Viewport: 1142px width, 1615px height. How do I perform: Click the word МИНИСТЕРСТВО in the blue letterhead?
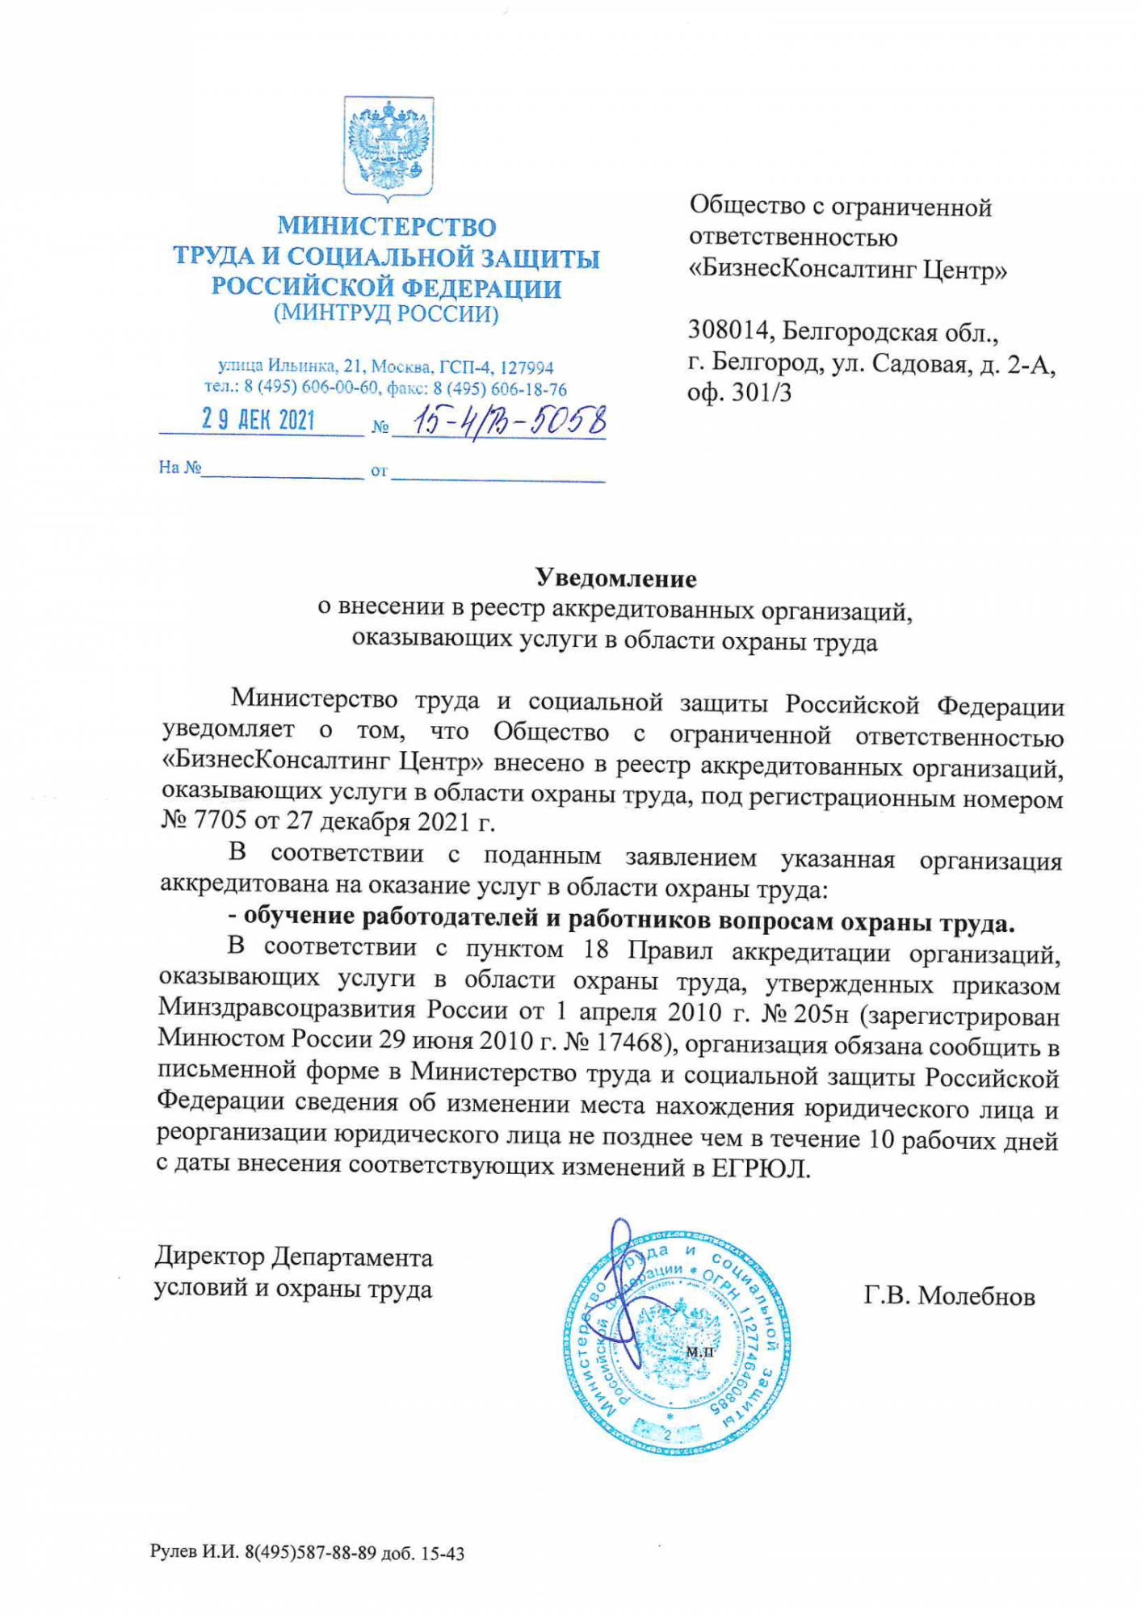coord(387,227)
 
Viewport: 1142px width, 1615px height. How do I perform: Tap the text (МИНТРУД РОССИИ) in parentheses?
coord(386,313)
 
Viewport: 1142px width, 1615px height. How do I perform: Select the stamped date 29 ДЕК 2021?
coord(258,420)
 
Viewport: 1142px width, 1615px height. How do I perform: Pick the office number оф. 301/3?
coord(739,393)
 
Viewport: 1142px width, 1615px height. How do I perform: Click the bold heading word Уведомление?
coord(615,578)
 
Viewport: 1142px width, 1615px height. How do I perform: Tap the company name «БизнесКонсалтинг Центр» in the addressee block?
coord(847,269)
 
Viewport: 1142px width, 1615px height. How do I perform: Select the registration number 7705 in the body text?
coord(217,822)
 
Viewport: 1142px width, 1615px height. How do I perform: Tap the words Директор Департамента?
coord(294,1257)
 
